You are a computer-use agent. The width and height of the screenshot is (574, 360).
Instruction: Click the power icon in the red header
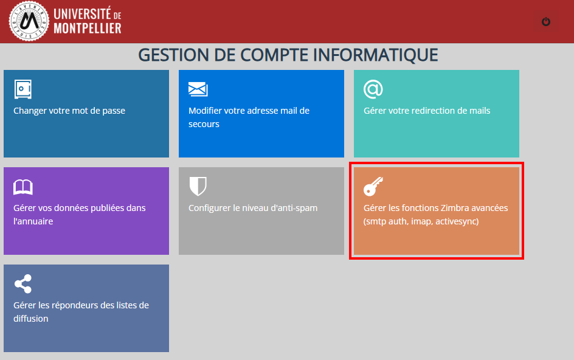[546, 22]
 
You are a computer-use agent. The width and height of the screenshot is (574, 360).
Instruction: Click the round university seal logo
[29, 21]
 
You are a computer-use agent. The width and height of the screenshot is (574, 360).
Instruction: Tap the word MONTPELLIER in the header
[88, 28]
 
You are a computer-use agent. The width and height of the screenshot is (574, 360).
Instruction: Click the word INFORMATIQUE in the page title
[375, 55]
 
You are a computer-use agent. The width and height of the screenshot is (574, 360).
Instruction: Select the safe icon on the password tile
[23, 89]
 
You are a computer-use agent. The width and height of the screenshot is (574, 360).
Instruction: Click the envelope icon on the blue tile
[198, 89]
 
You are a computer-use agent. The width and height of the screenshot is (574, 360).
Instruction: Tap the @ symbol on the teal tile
[373, 89]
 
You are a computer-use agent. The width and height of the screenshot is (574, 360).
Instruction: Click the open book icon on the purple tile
[23, 187]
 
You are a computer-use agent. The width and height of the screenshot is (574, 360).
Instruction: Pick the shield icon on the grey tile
[198, 186]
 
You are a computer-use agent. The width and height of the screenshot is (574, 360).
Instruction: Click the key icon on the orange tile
[373, 186]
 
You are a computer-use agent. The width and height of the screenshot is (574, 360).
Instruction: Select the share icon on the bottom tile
[23, 284]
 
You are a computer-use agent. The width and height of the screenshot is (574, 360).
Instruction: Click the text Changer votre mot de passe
[69, 111]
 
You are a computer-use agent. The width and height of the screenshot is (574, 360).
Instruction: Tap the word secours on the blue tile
[204, 124]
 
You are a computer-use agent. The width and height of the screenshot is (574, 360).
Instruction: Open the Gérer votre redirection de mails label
[427, 111]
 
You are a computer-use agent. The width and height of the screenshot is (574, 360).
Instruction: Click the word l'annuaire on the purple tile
[33, 221]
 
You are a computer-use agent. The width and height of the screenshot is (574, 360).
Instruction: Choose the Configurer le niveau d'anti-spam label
[253, 208]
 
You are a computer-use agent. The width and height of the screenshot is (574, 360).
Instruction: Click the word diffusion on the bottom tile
[31, 319]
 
